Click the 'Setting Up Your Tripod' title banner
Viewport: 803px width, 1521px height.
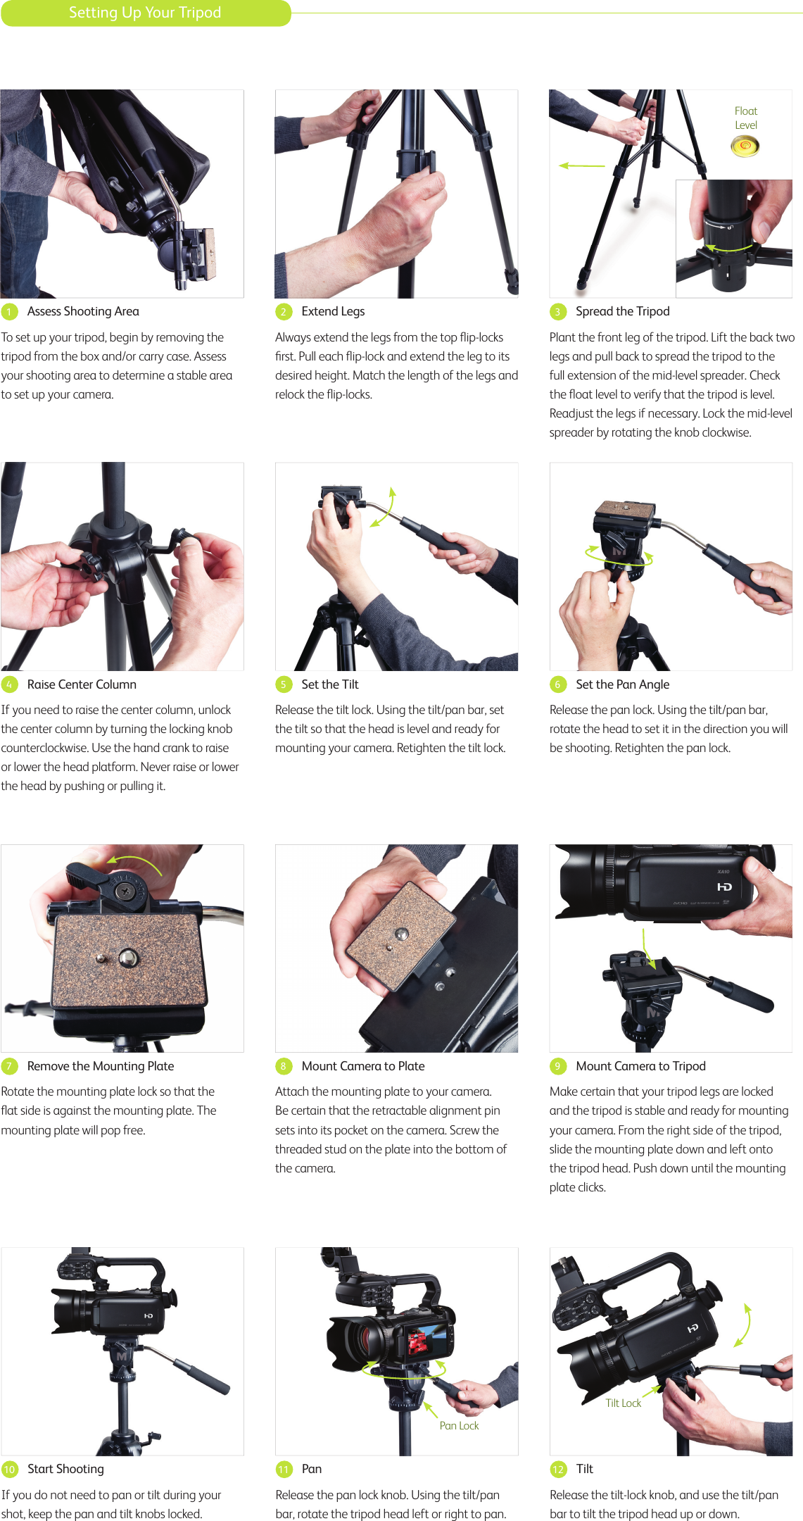pyautogui.click(x=145, y=13)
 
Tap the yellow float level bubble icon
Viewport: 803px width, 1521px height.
pyautogui.click(x=745, y=146)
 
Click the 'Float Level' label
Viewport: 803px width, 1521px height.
pyautogui.click(x=745, y=118)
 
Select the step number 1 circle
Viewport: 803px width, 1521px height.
pyautogui.click(x=9, y=312)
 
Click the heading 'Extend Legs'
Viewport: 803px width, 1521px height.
pyautogui.click(x=333, y=311)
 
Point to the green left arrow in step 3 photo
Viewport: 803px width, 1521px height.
pyautogui.click(x=581, y=166)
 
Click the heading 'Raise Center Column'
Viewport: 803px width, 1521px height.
pyautogui.click(x=82, y=684)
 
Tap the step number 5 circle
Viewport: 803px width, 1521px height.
pyautogui.click(x=283, y=684)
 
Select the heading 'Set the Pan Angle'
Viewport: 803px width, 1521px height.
pyautogui.click(x=622, y=684)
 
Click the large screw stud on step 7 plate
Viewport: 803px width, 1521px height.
pyautogui.click(x=128, y=957)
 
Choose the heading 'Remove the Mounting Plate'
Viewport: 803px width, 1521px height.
pyautogui.click(x=101, y=1066)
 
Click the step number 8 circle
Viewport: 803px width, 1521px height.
pyautogui.click(x=283, y=1066)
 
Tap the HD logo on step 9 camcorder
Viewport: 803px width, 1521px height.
pyautogui.click(x=724, y=887)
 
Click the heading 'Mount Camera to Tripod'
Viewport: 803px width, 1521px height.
pyautogui.click(x=640, y=1066)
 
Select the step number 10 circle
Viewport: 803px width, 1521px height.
pyautogui.click(x=9, y=1469)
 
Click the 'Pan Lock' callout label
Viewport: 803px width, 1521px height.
pyautogui.click(x=459, y=1425)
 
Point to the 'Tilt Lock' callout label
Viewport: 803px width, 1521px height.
pyautogui.click(x=624, y=1403)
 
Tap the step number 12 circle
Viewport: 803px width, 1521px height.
pyautogui.click(x=557, y=1469)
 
